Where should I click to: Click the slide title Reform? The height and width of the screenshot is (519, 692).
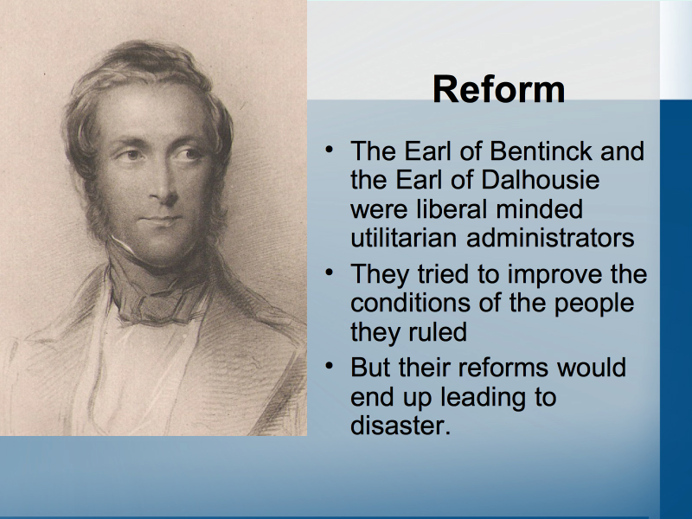499,89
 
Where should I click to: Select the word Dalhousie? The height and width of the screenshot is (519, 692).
540,180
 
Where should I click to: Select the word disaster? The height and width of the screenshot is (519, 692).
400,426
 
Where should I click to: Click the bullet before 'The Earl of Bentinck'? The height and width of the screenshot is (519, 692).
330,150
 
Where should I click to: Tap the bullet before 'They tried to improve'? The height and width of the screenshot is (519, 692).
330,272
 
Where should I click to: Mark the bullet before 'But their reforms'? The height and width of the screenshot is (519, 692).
330,366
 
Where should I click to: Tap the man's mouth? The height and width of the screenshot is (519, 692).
162,220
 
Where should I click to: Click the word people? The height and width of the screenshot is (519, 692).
593,304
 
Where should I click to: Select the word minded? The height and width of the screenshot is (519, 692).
539,208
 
